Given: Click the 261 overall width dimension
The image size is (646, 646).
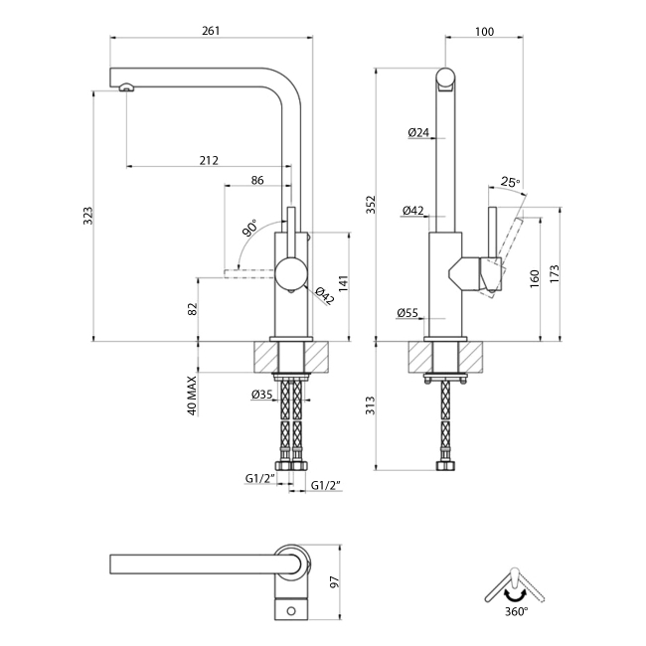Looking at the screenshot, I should pos(210,31).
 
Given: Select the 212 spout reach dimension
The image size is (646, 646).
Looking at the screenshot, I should pos(209,160).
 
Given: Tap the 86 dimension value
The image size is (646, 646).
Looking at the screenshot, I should pos(257,180).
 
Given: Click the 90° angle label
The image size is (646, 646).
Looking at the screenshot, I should pos(248,229).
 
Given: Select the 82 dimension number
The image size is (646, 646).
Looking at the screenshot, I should pos(193,309).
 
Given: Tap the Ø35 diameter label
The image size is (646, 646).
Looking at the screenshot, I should pos(262,396).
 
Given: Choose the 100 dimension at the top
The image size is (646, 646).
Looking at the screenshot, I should pos(484,31).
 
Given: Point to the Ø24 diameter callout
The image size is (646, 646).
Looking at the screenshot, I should pos(417,132).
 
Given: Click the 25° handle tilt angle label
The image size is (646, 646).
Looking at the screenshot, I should pos(510,182).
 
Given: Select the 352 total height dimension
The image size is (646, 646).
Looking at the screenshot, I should pos(371,204).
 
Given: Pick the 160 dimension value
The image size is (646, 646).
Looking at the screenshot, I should pos(535,277).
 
